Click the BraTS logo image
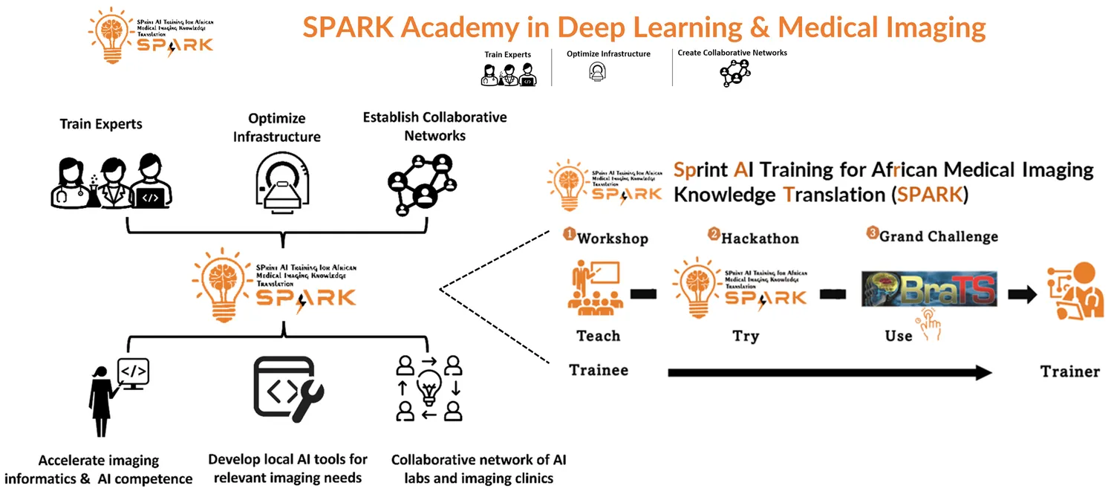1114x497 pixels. [x=928, y=289]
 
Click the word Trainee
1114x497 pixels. [x=599, y=369]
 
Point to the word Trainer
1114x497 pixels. [x=1069, y=371]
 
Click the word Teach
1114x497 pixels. [x=598, y=336]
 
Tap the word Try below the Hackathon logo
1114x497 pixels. [x=746, y=336]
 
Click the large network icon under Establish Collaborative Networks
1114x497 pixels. [x=420, y=183]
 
